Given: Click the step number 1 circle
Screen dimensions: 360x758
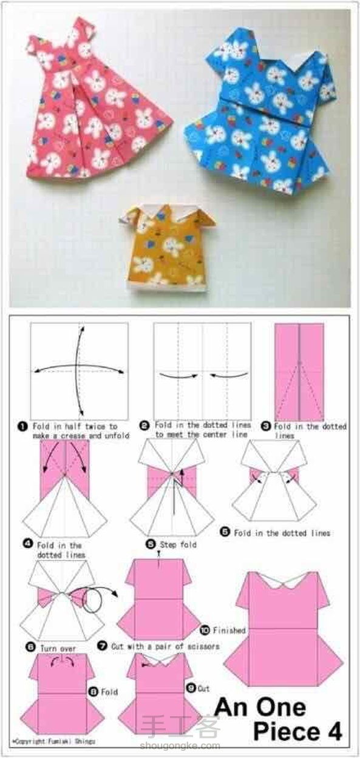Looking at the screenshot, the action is (22, 427).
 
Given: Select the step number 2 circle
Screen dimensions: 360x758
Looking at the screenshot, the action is (144, 425).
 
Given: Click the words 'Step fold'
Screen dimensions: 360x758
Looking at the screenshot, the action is (178, 544).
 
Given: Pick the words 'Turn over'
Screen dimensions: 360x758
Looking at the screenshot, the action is (58, 649).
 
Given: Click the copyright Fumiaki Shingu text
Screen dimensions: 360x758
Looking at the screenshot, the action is (54, 742).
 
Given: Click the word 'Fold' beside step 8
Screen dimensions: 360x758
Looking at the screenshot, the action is (109, 692).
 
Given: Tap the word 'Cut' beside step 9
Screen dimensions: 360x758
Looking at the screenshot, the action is (203, 689).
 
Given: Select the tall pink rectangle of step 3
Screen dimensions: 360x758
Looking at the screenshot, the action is (299, 372).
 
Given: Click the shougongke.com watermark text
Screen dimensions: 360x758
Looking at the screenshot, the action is (180, 745).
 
